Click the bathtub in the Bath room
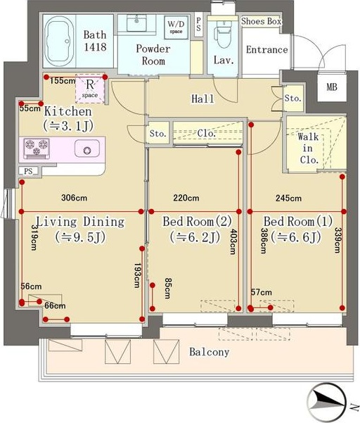point(59,41)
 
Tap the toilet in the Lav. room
point(224,34)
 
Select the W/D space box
point(176,27)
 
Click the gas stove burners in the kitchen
point(37,148)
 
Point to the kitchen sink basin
point(87,148)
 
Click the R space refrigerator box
point(90,89)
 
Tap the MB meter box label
point(332,87)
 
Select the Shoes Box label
point(261,21)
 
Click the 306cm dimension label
point(74,198)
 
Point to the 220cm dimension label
point(186,198)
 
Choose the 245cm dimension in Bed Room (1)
point(288,198)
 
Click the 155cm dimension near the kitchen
point(63,80)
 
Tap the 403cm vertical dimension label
point(233,241)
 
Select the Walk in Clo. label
point(309,149)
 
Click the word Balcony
point(209,352)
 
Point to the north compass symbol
point(327,402)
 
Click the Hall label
point(202,99)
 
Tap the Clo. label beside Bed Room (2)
point(207,133)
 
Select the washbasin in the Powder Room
point(137,23)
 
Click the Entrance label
point(266,50)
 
